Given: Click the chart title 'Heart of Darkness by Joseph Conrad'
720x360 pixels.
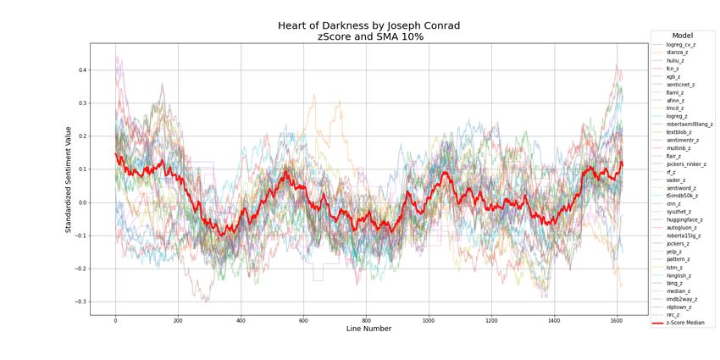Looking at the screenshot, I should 368,25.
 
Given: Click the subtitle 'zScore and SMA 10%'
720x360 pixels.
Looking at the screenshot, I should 368,37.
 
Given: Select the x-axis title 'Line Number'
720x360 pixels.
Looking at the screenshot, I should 368,329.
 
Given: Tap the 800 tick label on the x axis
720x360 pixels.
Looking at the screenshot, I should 366,320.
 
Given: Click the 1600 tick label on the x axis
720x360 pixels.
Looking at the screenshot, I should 616,320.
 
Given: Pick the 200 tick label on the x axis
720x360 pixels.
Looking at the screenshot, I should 178,320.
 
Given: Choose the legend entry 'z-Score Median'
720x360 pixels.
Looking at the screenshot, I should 685,323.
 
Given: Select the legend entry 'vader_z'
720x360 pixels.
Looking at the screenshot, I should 677,180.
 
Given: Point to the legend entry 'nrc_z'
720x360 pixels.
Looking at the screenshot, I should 673,314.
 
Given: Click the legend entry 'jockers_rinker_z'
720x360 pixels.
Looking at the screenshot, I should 685,163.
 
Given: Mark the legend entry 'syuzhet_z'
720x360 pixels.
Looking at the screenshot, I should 678,211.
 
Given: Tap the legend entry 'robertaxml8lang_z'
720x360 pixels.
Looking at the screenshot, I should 689,124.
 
